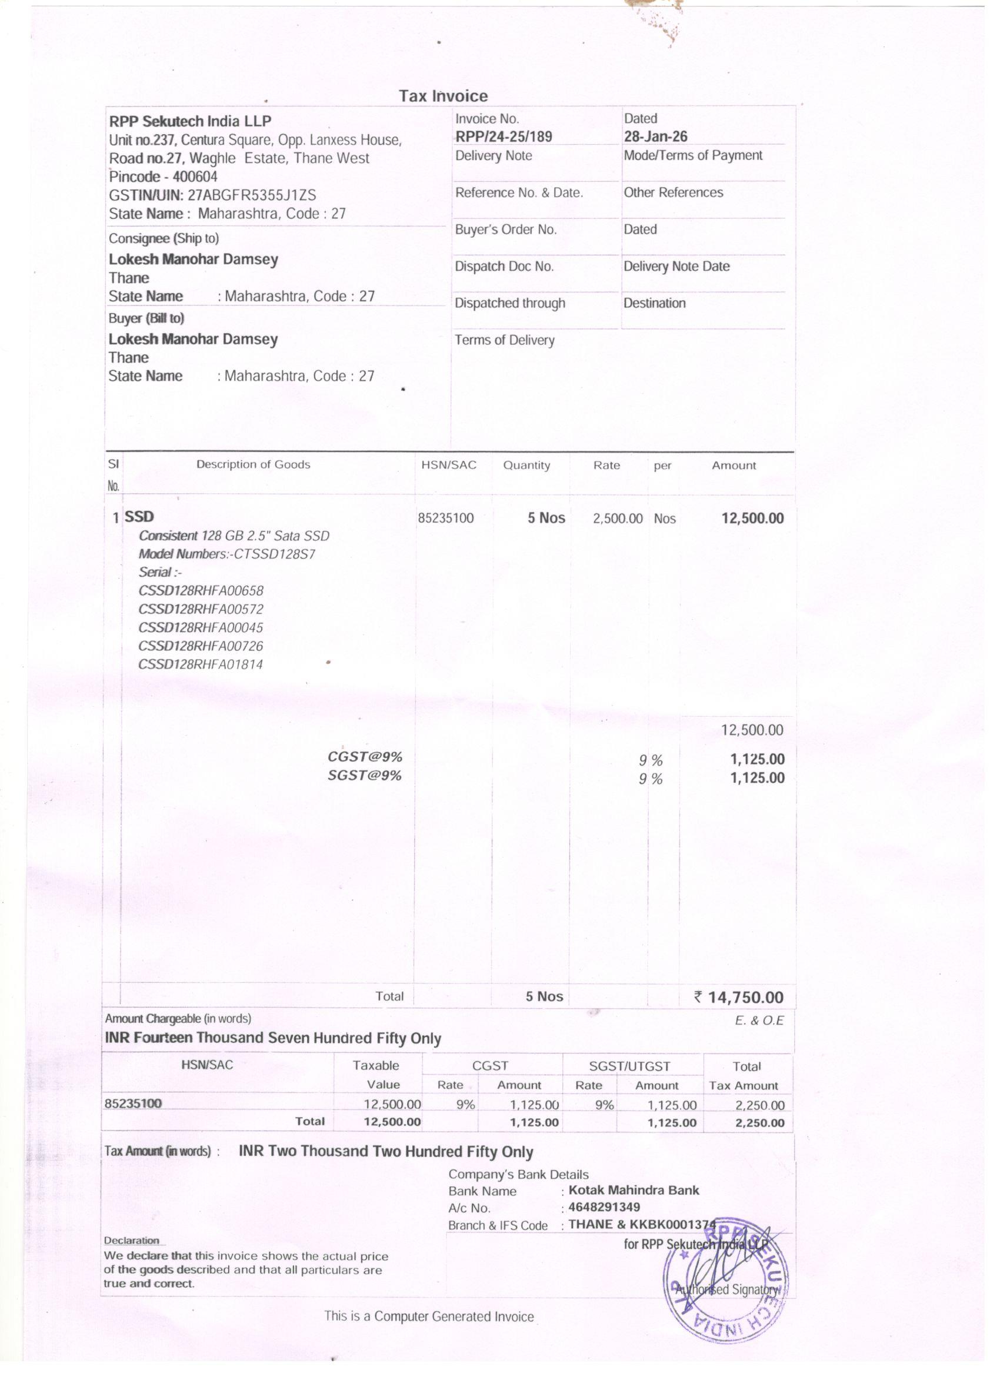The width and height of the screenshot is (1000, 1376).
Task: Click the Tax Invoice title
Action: pyautogui.click(x=444, y=97)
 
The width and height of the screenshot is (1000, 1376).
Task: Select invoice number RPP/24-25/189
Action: pyautogui.click(x=504, y=137)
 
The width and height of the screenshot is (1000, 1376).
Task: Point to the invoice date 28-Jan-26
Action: pyautogui.click(x=655, y=137)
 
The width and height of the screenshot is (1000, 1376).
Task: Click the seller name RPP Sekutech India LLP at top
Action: pyautogui.click(x=190, y=121)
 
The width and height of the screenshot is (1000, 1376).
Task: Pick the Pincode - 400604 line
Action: pyautogui.click(x=163, y=177)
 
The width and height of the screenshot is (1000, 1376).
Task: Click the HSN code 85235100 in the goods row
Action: pyautogui.click(x=446, y=518)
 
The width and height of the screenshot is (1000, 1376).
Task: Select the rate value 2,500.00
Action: pyautogui.click(x=617, y=519)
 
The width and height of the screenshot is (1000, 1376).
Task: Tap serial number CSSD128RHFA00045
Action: pyautogui.click(x=201, y=627)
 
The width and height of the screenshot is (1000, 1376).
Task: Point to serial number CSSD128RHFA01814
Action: pyautogui.click(x=201, y=664)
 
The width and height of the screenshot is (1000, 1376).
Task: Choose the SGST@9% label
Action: pyautogui.click(x=365, y=775)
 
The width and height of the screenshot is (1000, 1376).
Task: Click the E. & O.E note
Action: pyautogui.click(x=759, y=1021)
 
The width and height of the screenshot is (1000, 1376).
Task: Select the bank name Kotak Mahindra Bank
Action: pyautogui.click(x=634, y=1191)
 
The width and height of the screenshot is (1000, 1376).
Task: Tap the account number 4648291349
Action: pyautogui.click(x=604, y=1207)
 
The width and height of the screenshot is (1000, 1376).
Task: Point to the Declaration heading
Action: pyautogui.click(x=132, y=1241)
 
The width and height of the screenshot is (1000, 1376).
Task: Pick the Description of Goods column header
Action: pyautogui.click(x=253, y=465)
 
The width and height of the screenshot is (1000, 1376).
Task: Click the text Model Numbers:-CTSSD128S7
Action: pyautogui.click(x=227, y=554)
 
